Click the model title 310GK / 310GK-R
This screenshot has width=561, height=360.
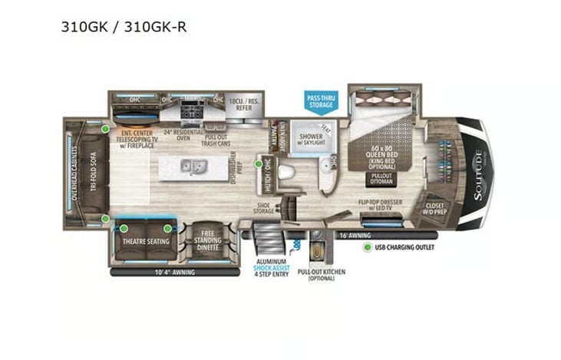click(124, 28)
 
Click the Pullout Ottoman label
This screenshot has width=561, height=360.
click(381, 178)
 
